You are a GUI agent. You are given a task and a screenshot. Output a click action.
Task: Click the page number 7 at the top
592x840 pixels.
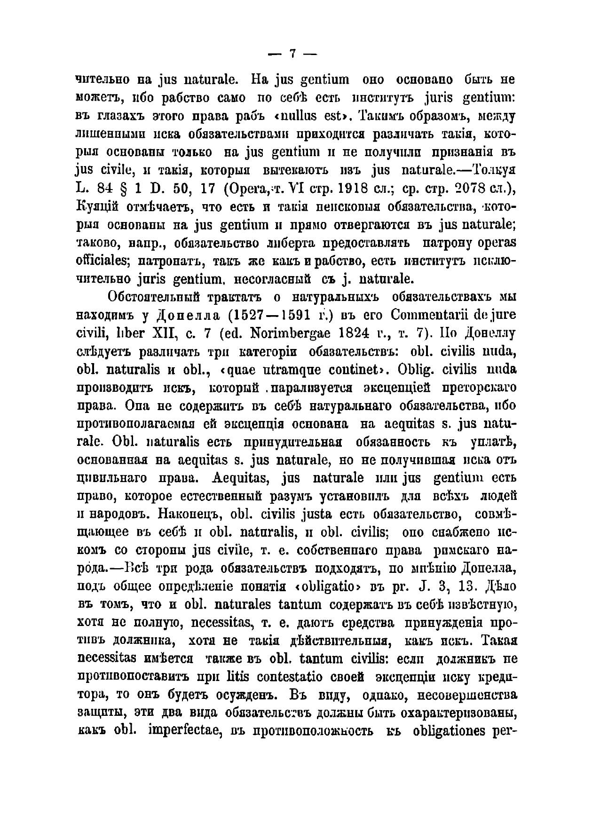[x=292, y=54]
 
